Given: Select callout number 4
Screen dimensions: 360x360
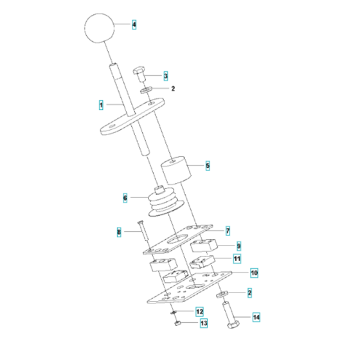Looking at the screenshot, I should pos(134,25).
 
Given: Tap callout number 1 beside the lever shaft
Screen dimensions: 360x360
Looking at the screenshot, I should pos(101,104).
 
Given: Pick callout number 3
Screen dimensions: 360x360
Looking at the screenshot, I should pos(165,76).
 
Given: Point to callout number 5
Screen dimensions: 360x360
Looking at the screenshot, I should pos(208,166).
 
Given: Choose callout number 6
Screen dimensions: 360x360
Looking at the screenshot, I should pos(125,199).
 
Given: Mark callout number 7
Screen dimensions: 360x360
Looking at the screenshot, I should pos(227,230).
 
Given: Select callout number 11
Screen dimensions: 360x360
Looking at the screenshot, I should pos(237,260).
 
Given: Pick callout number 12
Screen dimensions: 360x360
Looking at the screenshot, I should pos(200,311).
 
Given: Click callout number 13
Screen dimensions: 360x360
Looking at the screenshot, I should pos(203,323).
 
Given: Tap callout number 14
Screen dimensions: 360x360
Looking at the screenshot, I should pos(255,318).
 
